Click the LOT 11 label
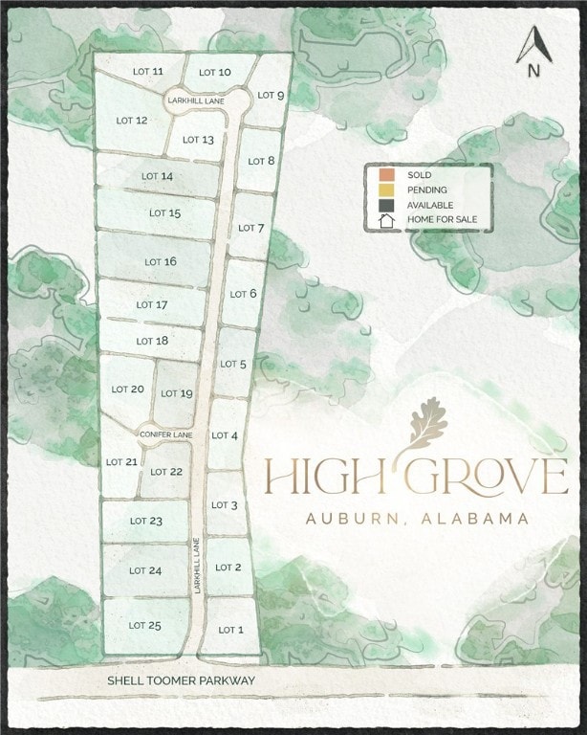(x=145, y=72)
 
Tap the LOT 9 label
(x=271, y=96)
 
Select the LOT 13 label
(x=198, y=140)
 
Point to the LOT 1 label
(x=231, y=630)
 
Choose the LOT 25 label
(x=145, y=626)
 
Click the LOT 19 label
(x=177, y=393)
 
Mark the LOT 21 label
(x=121, y=461)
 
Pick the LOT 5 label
(x=233, y=365)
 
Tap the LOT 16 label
(x=161, y=261)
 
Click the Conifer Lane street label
(x=166, y=435)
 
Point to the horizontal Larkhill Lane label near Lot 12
(x=195, y=100)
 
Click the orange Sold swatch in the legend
(x=385, y=175)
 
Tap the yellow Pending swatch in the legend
(x=385, y=189)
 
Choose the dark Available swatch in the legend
(x=385, y=205)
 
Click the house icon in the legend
(x=386, y=220)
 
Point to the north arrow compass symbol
(x=533, y=51)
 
